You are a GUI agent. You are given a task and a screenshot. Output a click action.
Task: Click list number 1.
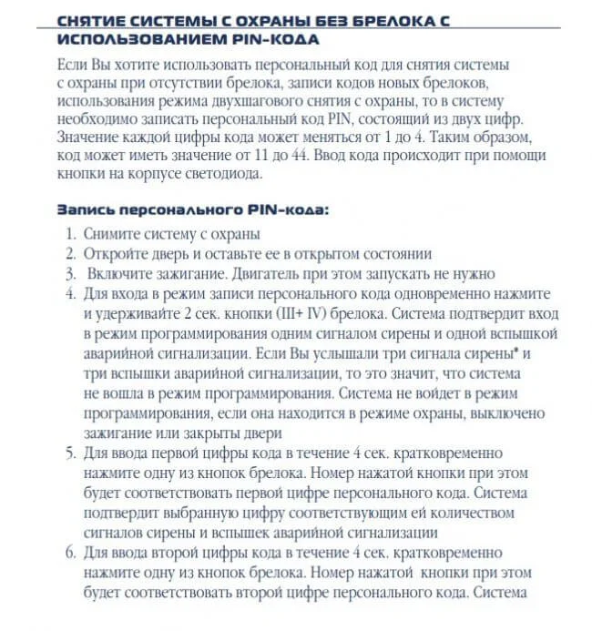(71, 235)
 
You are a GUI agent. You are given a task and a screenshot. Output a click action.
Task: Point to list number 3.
(70, 273)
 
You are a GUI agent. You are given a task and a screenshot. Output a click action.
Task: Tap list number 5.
(70, 453)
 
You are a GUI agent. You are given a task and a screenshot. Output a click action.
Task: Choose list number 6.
(70, 553)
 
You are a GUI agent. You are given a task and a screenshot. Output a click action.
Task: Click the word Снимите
(114, 235)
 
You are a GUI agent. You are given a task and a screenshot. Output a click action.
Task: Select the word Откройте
(119, 254)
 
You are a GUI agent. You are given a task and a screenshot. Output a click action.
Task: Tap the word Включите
(123, 273)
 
